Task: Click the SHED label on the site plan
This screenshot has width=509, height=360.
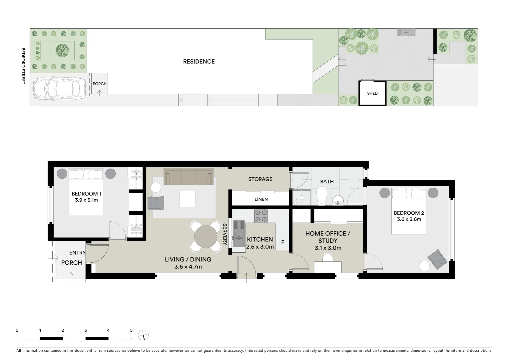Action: pyautogui.click(x=372, y=93)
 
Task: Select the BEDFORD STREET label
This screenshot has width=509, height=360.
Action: pyautogui.click(x=23, y=66)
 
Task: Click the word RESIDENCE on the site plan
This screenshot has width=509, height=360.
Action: pyautogui.click(x=199, y=62)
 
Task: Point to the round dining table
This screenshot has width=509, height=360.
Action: pyautogui.click(x=206, y=237)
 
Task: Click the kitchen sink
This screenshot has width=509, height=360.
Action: pyautogui.click(x=239, y=233)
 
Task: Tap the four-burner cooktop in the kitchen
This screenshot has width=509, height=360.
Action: pyautogui.click(x=261, y=216)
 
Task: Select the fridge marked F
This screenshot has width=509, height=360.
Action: pyautogui.click(x=282, y=242)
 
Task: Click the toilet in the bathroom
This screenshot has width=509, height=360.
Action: pyautogui.click(x=322, y=196)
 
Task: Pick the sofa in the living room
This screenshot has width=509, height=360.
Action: pyautogui.click(x=189, y=176)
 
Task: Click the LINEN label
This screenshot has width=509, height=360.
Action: pyautogui.click(x=261, y=199)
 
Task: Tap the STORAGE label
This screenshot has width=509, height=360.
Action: pyautogui.click(x=260, y=179)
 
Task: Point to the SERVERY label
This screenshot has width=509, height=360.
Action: pyautogui.click(x=225, y=234)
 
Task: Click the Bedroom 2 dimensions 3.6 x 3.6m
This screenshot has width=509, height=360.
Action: pyautogui.click(x=409, y=219)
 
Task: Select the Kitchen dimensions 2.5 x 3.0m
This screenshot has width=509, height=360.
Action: pyautogui.click(x=260, y=247)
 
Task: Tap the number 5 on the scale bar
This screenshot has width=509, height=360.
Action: pyautogui.click(x=131, y=330)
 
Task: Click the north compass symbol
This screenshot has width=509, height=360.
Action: pyautogui.click(x=144, y=335)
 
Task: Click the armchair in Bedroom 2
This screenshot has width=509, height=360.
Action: pyautogui.click(x=437, y=259)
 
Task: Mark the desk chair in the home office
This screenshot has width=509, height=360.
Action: pyautogui.click(x=328, y=257)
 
